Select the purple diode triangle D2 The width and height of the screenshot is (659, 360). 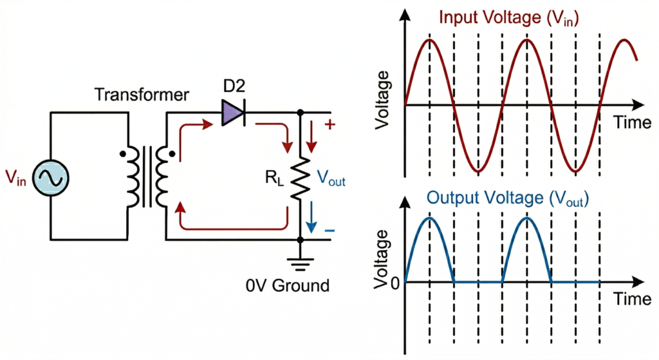232,113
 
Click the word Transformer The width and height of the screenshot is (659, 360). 142,95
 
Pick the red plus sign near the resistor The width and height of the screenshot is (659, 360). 331,126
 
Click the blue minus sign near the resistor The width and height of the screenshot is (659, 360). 331,230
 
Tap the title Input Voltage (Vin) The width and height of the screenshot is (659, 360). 509,17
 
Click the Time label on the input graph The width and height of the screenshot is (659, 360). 631,122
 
